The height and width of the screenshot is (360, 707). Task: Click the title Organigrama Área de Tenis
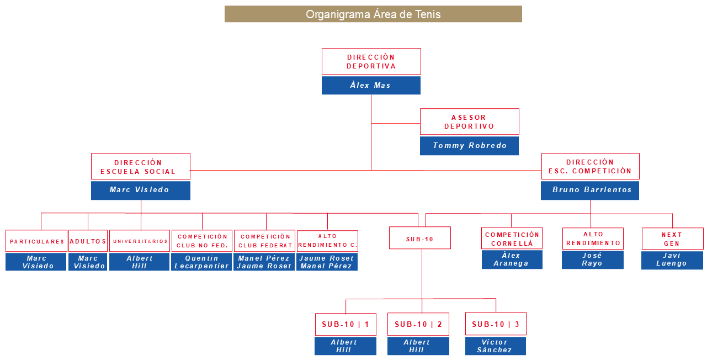373,14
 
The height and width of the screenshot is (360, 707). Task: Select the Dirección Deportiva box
371,61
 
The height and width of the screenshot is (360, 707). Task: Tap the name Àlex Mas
371,86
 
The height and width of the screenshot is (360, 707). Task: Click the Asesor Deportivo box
469,121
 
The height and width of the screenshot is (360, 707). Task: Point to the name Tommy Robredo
469,146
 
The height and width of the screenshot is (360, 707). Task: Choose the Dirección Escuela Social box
140,167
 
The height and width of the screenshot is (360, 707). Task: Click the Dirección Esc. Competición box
590,167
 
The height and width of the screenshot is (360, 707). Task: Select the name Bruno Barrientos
590,190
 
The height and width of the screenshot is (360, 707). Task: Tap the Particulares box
36,241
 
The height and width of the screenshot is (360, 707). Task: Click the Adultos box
88,241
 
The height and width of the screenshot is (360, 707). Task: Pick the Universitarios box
140,241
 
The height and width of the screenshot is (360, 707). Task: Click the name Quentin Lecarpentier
201,262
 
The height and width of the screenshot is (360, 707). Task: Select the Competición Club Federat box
264,241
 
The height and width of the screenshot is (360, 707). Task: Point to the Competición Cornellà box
512,239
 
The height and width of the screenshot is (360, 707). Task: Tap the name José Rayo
593,260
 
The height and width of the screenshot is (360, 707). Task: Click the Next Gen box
672,239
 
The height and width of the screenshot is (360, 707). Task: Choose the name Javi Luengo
672,260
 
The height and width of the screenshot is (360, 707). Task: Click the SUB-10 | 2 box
418,324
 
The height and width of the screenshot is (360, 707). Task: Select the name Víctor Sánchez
495,346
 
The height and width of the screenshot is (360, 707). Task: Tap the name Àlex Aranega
512,260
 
